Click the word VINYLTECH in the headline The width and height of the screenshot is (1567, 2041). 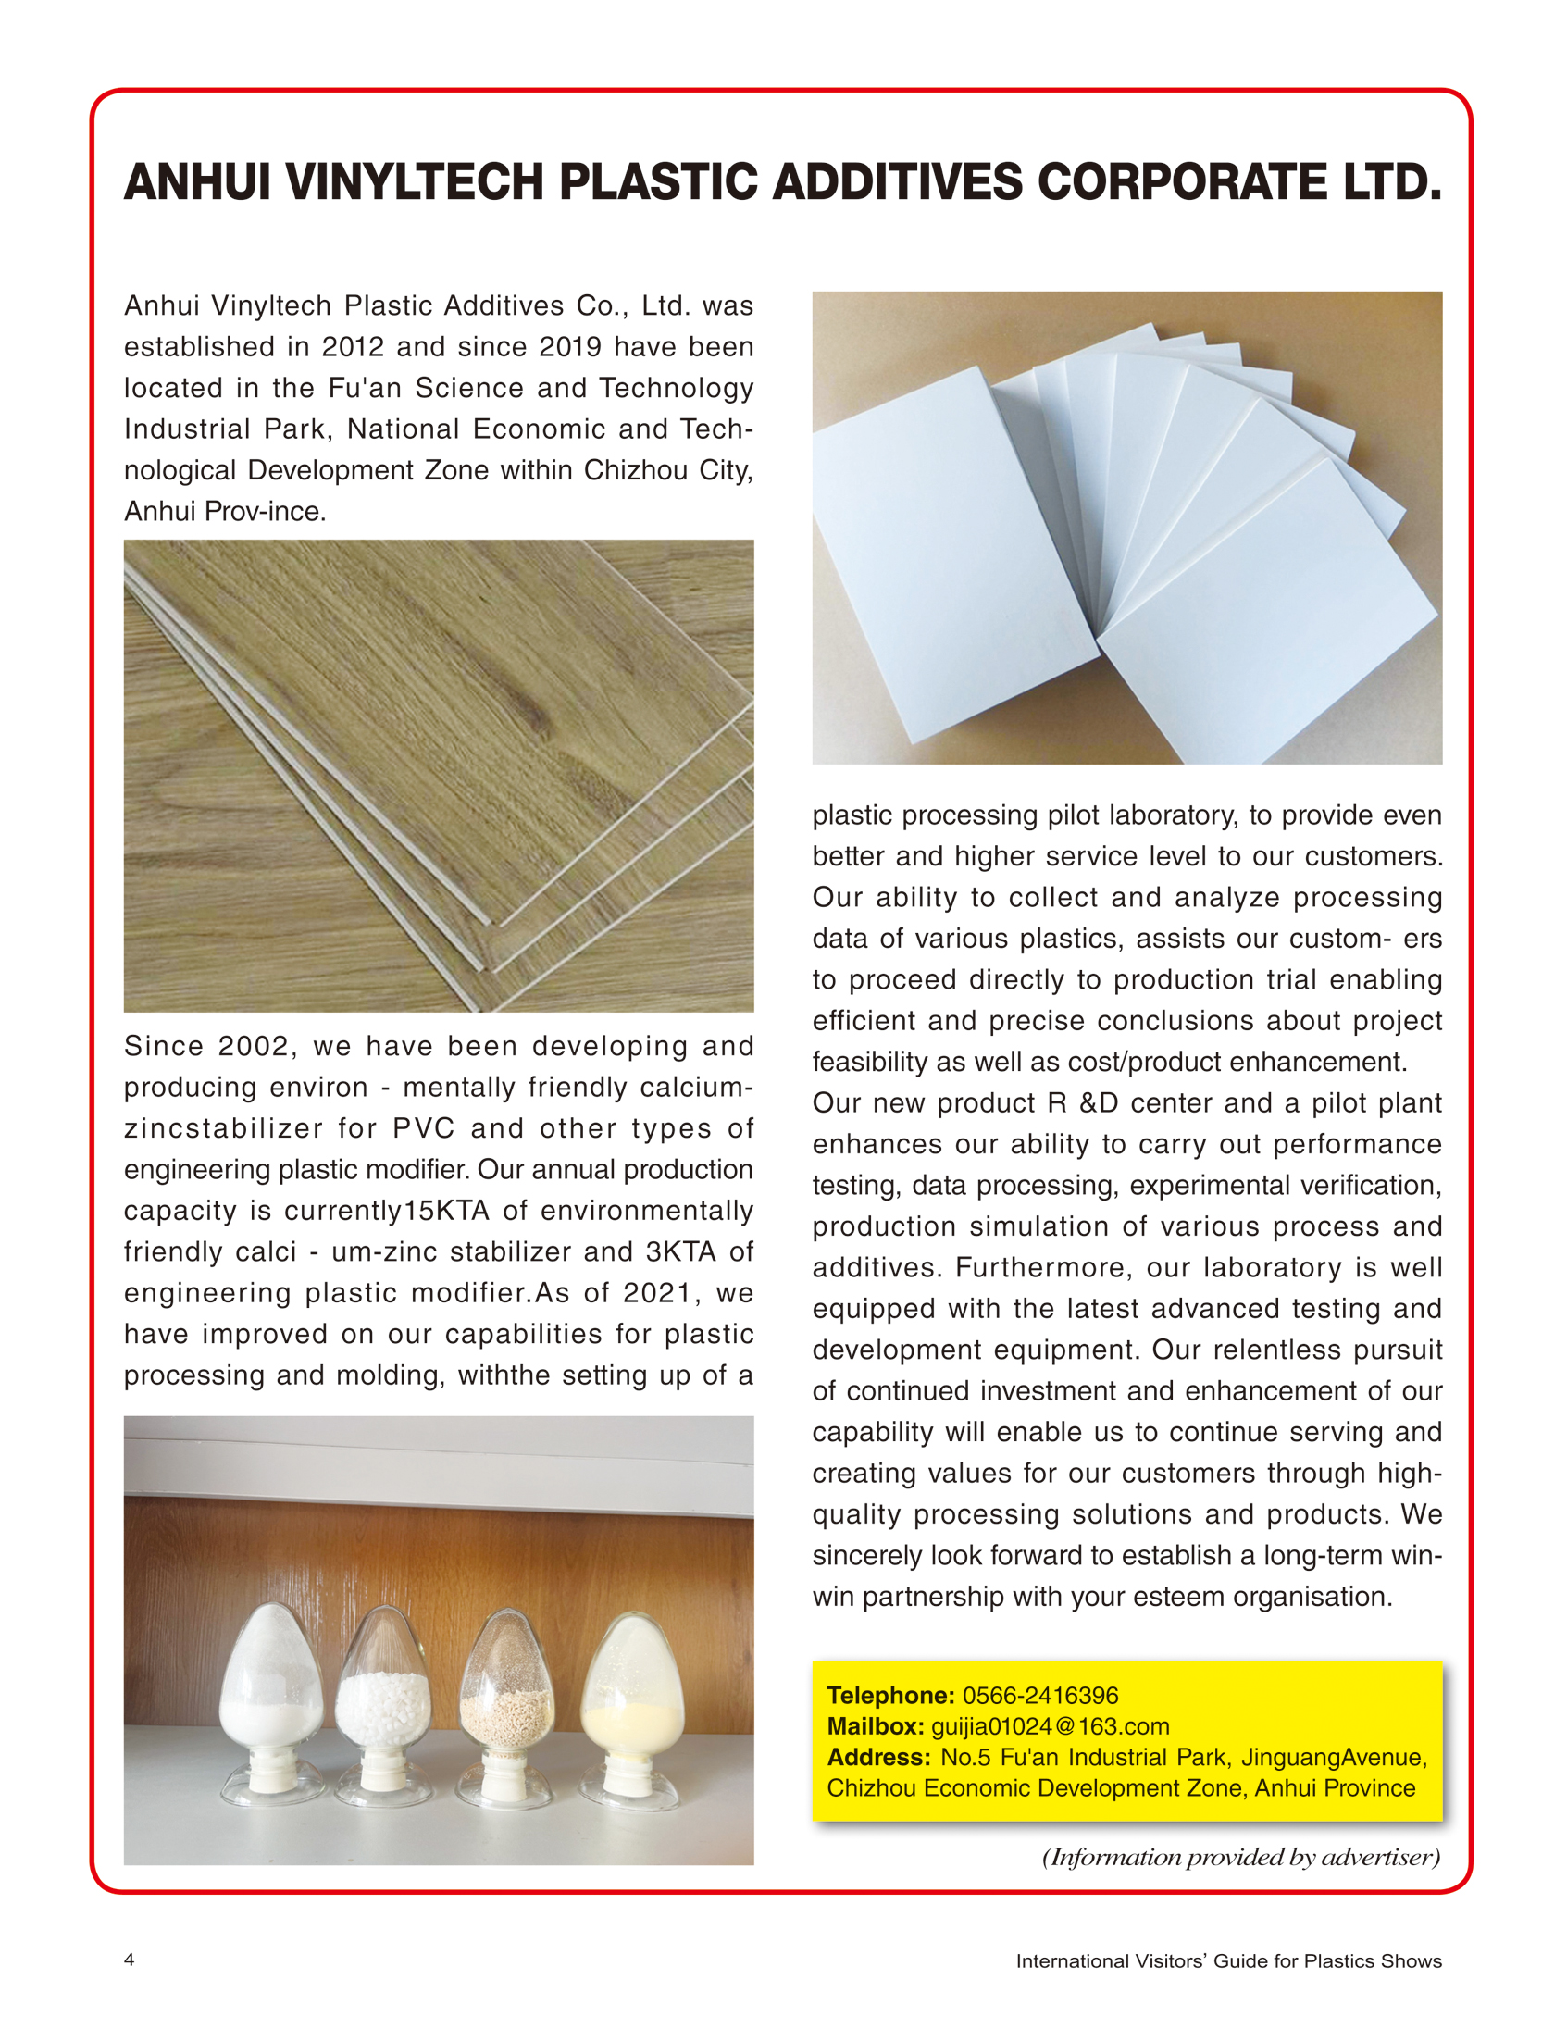tap(414, 182)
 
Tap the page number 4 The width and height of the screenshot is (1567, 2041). tap(129, 1959)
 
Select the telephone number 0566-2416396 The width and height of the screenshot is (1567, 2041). tap(1040, 1695)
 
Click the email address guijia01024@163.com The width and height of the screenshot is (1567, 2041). tap(1050, 1725)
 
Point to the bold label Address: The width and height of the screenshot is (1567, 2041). tap(877, 1757)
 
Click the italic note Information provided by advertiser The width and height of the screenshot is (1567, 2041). tap(1240, 1856)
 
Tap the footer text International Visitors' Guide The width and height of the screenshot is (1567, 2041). tap(1228, 1960)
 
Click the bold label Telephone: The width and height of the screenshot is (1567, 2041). tap(889, 1695)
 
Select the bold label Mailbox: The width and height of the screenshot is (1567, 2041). tap(875, 1725)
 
